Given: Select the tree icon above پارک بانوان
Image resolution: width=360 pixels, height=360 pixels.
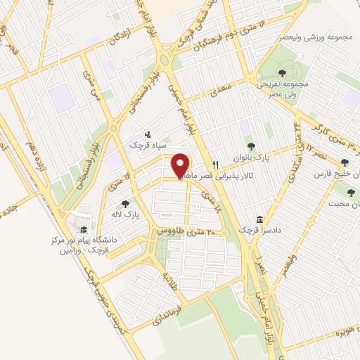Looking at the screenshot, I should (251, 146).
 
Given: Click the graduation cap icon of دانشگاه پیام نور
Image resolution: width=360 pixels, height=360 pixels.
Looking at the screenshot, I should (83, 230).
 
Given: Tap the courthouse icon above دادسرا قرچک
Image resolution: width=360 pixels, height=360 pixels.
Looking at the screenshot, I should (259, 219).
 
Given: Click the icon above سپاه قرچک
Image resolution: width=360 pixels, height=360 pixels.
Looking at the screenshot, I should (147, 133).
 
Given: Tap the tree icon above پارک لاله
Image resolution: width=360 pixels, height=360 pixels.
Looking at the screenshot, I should (126, 202).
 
